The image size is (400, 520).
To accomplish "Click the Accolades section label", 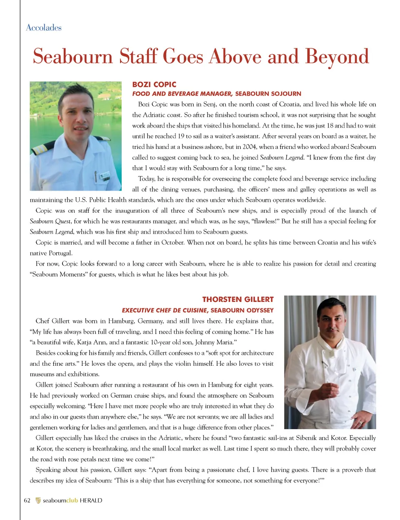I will [x=44, y=28].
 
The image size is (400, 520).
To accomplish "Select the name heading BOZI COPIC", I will [x=154, y=84].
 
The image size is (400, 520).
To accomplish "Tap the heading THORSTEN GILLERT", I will [x=238, y=299].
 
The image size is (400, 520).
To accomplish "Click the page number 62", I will [x=27, y=500].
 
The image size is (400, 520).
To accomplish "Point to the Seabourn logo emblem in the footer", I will [x=38, y=500].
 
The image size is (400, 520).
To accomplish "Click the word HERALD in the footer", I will [x=91, y=500].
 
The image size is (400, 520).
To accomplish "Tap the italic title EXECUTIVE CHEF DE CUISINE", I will [x=164, y=310].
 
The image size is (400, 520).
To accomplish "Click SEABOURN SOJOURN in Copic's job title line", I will [x=268, y=94].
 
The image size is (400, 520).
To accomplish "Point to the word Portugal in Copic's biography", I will [x=59, y=253].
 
